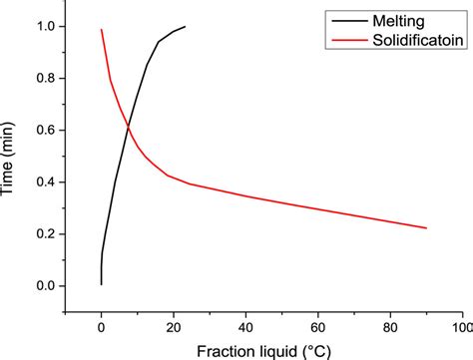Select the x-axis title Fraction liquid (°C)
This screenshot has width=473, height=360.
coord(263,350)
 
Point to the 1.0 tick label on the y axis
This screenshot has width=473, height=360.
coord(43,26)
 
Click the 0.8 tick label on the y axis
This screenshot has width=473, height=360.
coord(43,78)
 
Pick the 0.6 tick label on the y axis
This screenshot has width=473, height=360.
coord(43,130)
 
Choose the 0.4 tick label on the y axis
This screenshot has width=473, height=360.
coord(43,181)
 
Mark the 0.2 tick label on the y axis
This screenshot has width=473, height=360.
coord(43,233)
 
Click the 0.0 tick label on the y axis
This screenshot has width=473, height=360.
coord(43,285)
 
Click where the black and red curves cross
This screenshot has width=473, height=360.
coord(128,125)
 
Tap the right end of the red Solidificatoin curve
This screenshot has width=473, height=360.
coord(426,227)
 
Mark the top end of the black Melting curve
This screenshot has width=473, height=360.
coord(185,27)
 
